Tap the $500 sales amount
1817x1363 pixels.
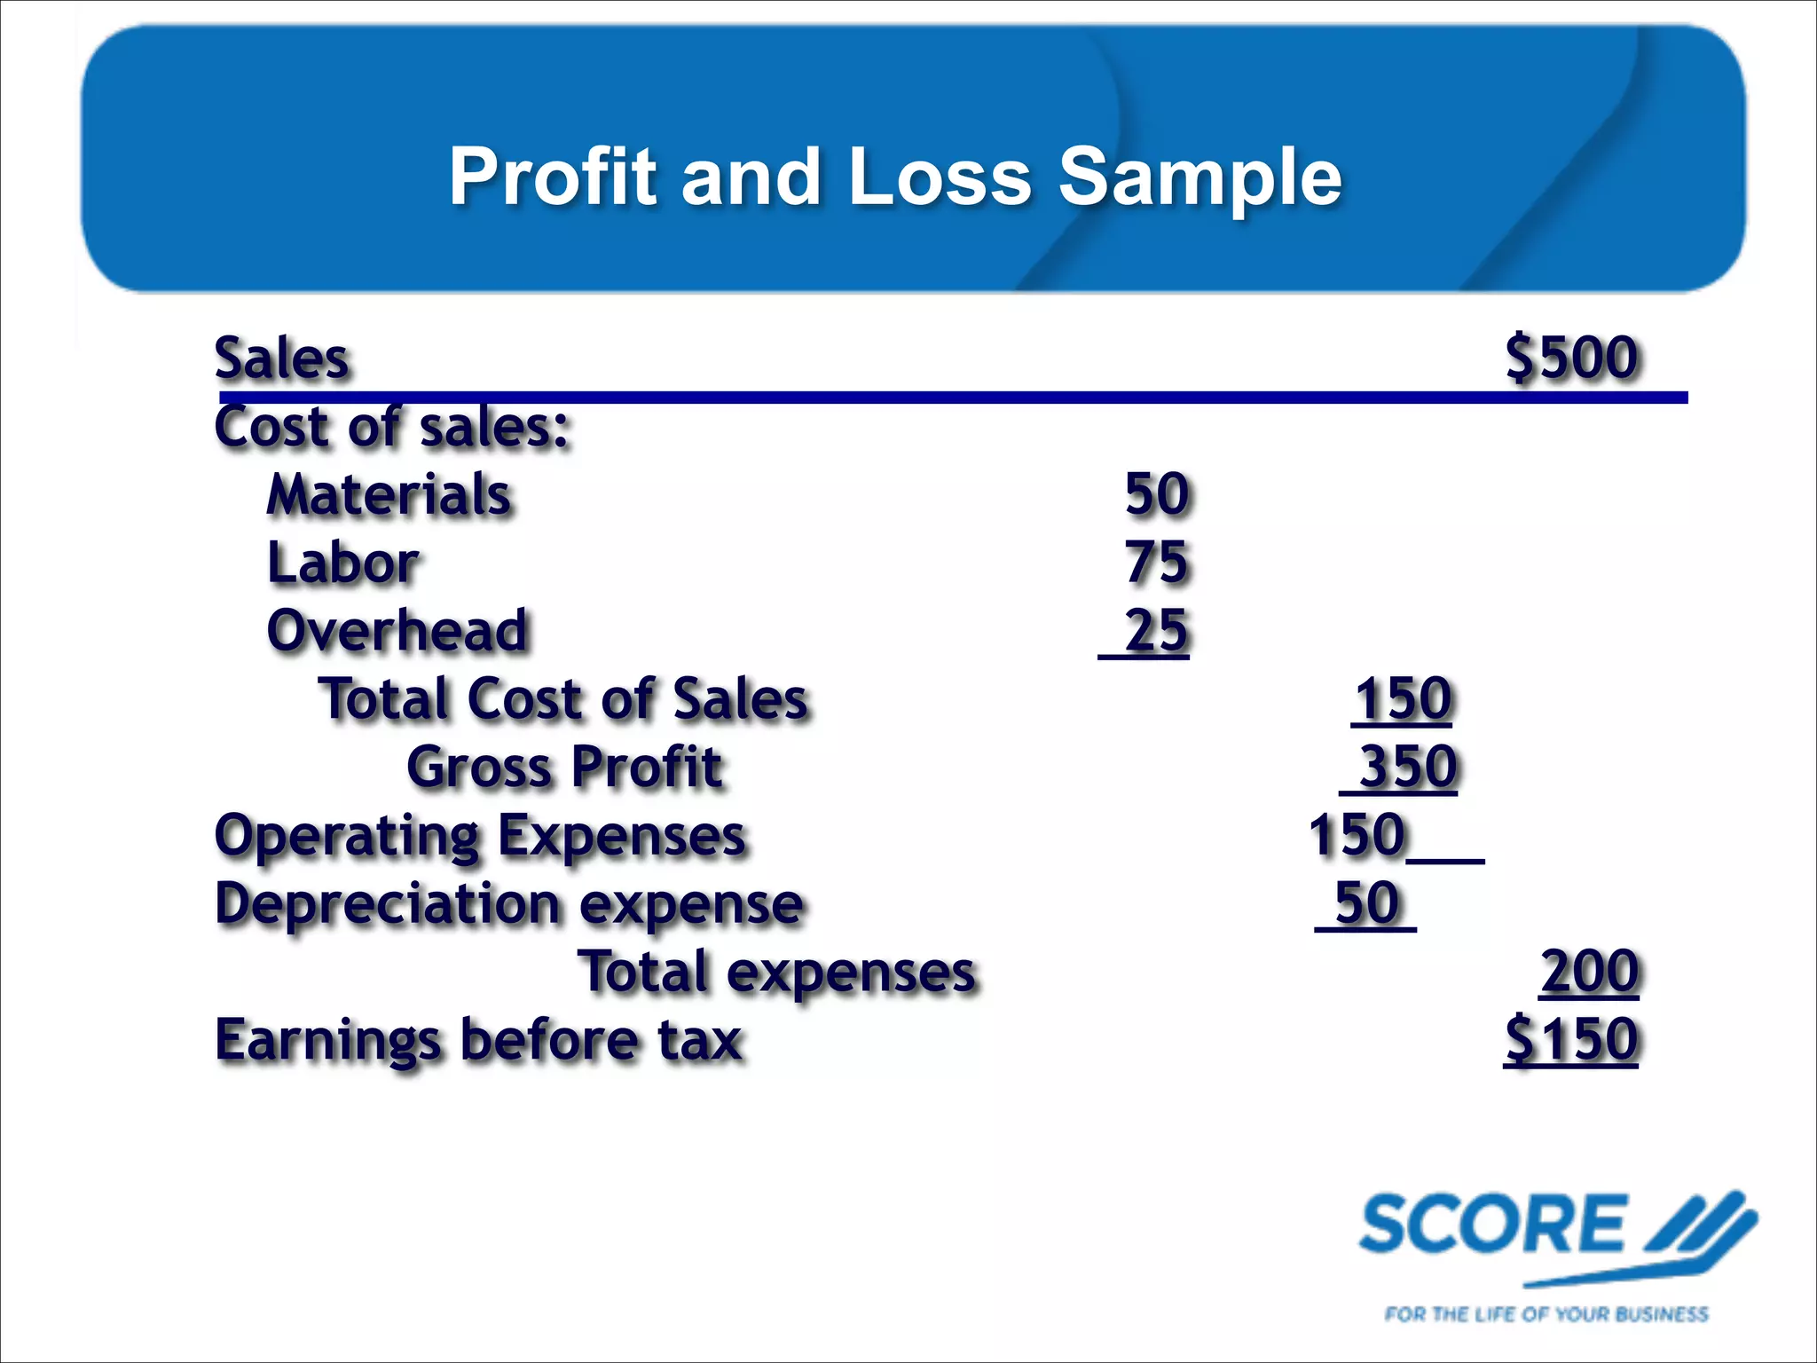point(1571,358)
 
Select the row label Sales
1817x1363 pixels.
point(282,358)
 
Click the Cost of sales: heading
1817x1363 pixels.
point(391,427)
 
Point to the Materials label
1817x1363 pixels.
point(389,494)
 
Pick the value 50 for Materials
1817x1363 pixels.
point(1156,494)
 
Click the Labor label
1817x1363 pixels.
point(343,563)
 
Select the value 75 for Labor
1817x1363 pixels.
point(1156,563)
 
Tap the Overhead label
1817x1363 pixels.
point(397,631)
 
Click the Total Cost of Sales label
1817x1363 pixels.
point(563,699)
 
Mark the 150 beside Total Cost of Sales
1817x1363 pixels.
point(1403,699)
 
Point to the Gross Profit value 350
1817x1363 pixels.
point(1408,767)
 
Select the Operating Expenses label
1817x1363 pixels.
point(480,836)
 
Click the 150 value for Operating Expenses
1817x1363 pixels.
point(1357,836)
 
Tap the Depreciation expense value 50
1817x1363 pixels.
point(1367,903)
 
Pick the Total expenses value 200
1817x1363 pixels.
point(1589,972)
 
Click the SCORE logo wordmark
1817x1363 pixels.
point(1493,1225)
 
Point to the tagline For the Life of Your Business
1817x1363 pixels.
point(1546,1313)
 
